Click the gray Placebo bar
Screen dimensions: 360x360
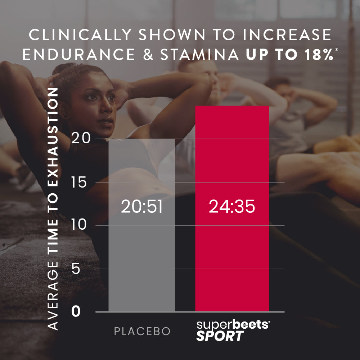[141, 252]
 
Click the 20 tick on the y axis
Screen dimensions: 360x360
[80, 139]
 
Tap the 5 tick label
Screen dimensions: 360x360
[76, 269]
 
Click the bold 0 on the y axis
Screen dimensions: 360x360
[76, 312]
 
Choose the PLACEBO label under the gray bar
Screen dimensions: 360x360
[142, 332]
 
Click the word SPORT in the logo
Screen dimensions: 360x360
[220, 337]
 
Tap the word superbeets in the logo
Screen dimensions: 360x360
[233, 325]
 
